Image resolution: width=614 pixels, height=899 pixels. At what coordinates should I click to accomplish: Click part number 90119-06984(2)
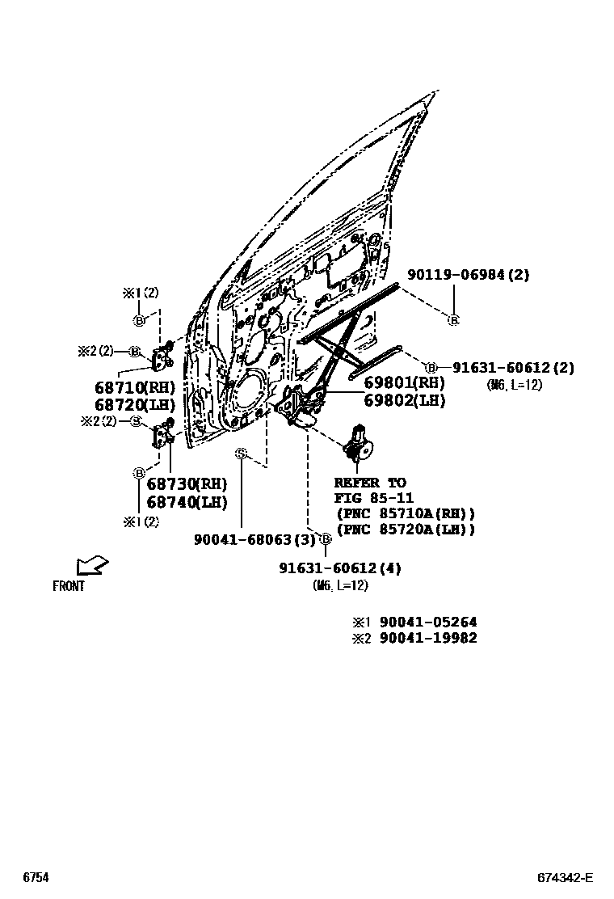(x=468, y=275)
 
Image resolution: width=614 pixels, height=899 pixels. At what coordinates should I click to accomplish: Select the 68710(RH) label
(x=135, y=387)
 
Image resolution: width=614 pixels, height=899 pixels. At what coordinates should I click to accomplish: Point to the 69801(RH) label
(x=404, y=382)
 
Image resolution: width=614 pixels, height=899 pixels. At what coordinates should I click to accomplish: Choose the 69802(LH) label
(x=404, y=399)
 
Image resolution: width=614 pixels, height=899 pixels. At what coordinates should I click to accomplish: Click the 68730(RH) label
(x=187, y=483)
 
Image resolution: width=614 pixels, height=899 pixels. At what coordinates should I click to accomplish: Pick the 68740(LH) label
(x=187, y=501)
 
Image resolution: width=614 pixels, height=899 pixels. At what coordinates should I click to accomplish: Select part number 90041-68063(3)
(x=254, y=539)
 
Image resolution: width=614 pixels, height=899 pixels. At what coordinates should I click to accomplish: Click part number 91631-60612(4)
(x=340, y=568)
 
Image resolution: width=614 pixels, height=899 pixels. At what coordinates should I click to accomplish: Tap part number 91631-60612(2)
(x=513, y=368)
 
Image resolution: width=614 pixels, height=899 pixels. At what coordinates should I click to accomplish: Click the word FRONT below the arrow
(x=69, y=587)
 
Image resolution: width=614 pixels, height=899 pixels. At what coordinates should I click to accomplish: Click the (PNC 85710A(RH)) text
(x=405, y=513)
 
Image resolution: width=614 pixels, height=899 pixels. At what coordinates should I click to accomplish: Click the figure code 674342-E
(x=566, y=878)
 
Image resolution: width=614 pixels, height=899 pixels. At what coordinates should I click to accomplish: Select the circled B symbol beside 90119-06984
(x=453, y=320)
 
